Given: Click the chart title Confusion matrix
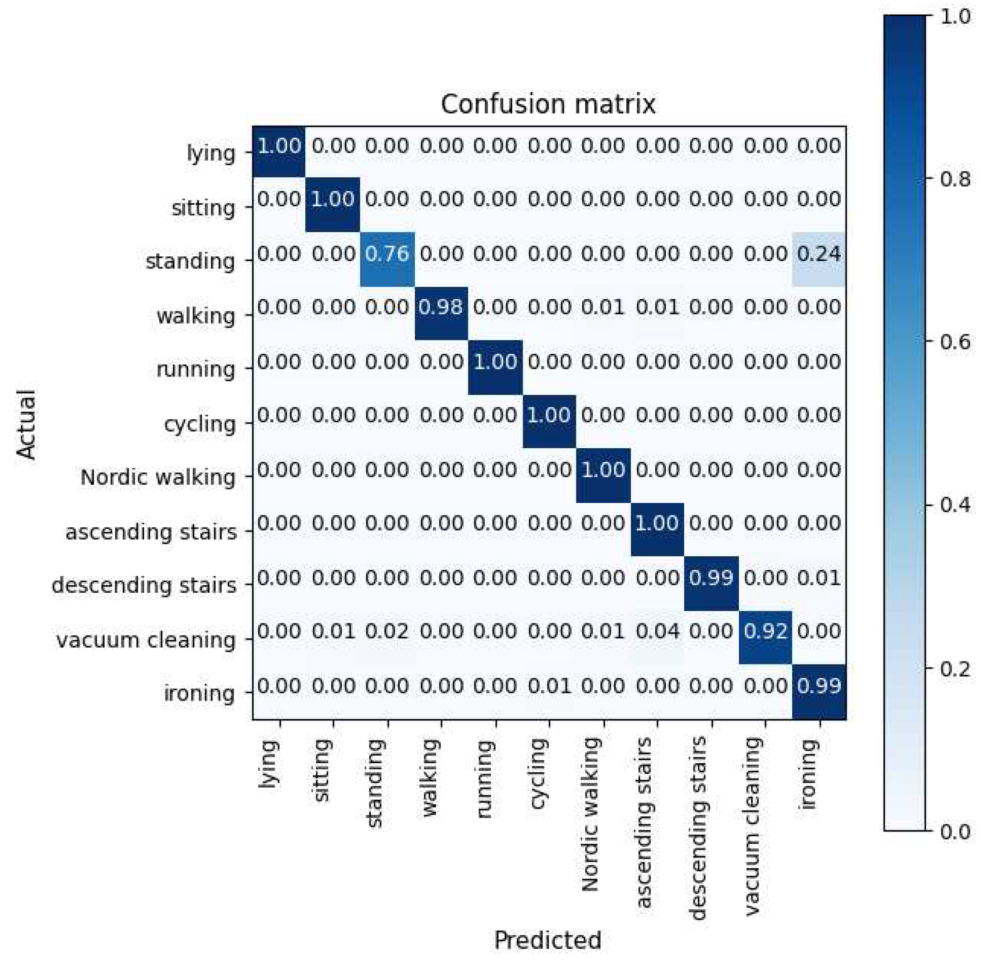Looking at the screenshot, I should pyautogui.click(x=548, y=105).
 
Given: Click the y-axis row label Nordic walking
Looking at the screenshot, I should pyautogui.click(x=158, y=477).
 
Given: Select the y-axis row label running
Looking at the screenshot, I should pyautogui.click(x=196, y=369).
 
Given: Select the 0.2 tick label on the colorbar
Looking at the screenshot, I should pyautogui.click(x=954, y=668).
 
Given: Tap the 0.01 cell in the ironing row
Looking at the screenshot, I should pyautogui.click(x=549, y=686).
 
